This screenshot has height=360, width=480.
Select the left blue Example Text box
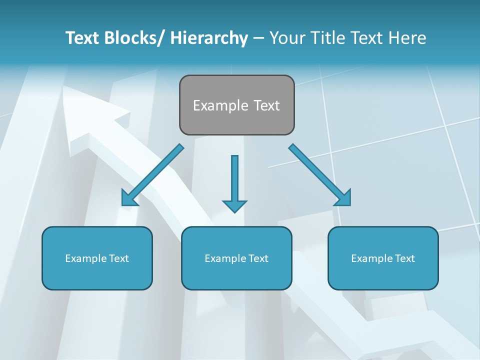97,258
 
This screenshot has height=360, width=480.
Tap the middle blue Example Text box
236,258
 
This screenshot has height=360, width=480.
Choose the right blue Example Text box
383,258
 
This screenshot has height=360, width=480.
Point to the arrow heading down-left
152,175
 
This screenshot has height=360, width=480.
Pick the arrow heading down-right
320,175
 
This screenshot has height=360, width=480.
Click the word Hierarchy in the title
208,38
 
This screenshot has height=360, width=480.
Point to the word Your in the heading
286,38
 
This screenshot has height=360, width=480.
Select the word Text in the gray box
266,105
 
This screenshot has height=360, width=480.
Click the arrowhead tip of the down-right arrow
349,204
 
